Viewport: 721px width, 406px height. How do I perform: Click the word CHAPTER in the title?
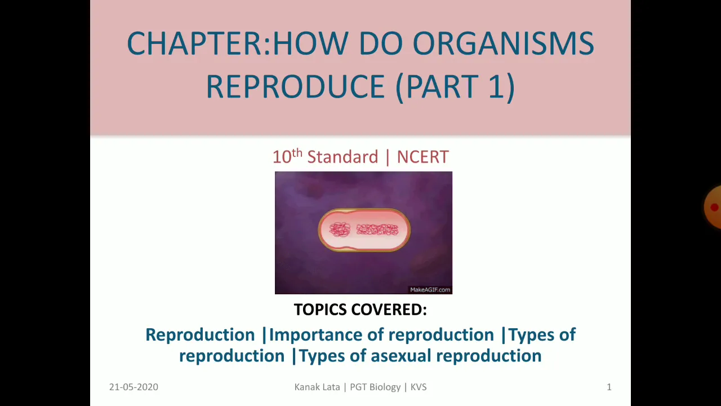tap(194, 43)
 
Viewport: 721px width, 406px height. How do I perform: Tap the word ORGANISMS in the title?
tap(504, 43)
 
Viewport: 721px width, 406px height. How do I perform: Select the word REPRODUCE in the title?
tap(296, 86)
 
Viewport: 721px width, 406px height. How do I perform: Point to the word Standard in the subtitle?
tap(342, 157)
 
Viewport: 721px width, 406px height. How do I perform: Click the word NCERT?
tap(422, 157)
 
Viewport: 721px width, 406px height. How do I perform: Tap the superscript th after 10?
tap(297, 152)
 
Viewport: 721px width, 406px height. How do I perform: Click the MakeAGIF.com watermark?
tap(430, 290)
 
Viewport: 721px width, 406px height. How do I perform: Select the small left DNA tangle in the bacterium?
tap(340, 230)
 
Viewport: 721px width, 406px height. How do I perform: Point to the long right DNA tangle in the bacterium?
tap(377, 230)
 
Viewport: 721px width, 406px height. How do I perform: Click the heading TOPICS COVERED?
tap(360, 310)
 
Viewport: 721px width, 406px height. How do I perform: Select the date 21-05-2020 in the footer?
tap(133, 387)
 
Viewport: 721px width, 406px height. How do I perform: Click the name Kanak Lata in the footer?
tap(317, 387)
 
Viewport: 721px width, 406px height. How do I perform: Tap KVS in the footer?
tap(419, 387)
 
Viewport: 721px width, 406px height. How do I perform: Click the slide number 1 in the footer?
tap(609, 387)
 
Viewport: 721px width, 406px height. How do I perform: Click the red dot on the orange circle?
tap(715, 207)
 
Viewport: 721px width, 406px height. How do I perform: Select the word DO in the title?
tap(380, 43)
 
